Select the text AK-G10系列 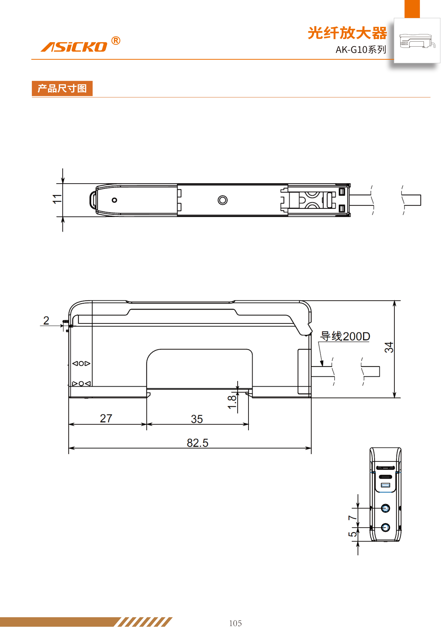pyautogui.click(x=361, y=50)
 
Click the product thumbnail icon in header pyautogui.click(x=417, y=41)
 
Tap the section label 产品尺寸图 pyautogui.click(x=62, y=88)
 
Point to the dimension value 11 pyautogui.click(x=57, y=199)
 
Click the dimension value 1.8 pyautogui.click(x=232, y=402)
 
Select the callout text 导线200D pyautogui.click(x=345, y=336)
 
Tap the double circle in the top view pyautogui.click(x=222, y=200)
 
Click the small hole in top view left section pyautogui.click(x=114, y=200)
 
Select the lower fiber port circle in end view pyautogui.click(x=385, y=527)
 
